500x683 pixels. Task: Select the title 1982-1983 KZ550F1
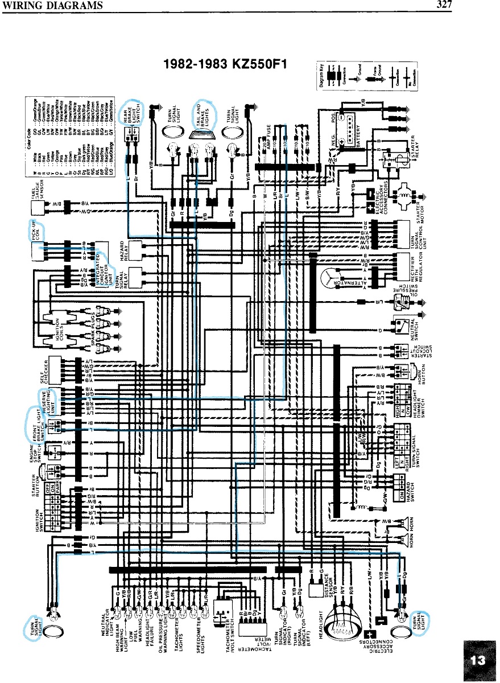click(x=226, y=64)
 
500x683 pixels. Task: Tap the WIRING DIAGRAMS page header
click(x=52, y=6)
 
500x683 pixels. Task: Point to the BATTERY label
click(x=359, y=137)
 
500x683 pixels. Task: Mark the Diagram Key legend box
click(x=366, y=74)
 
